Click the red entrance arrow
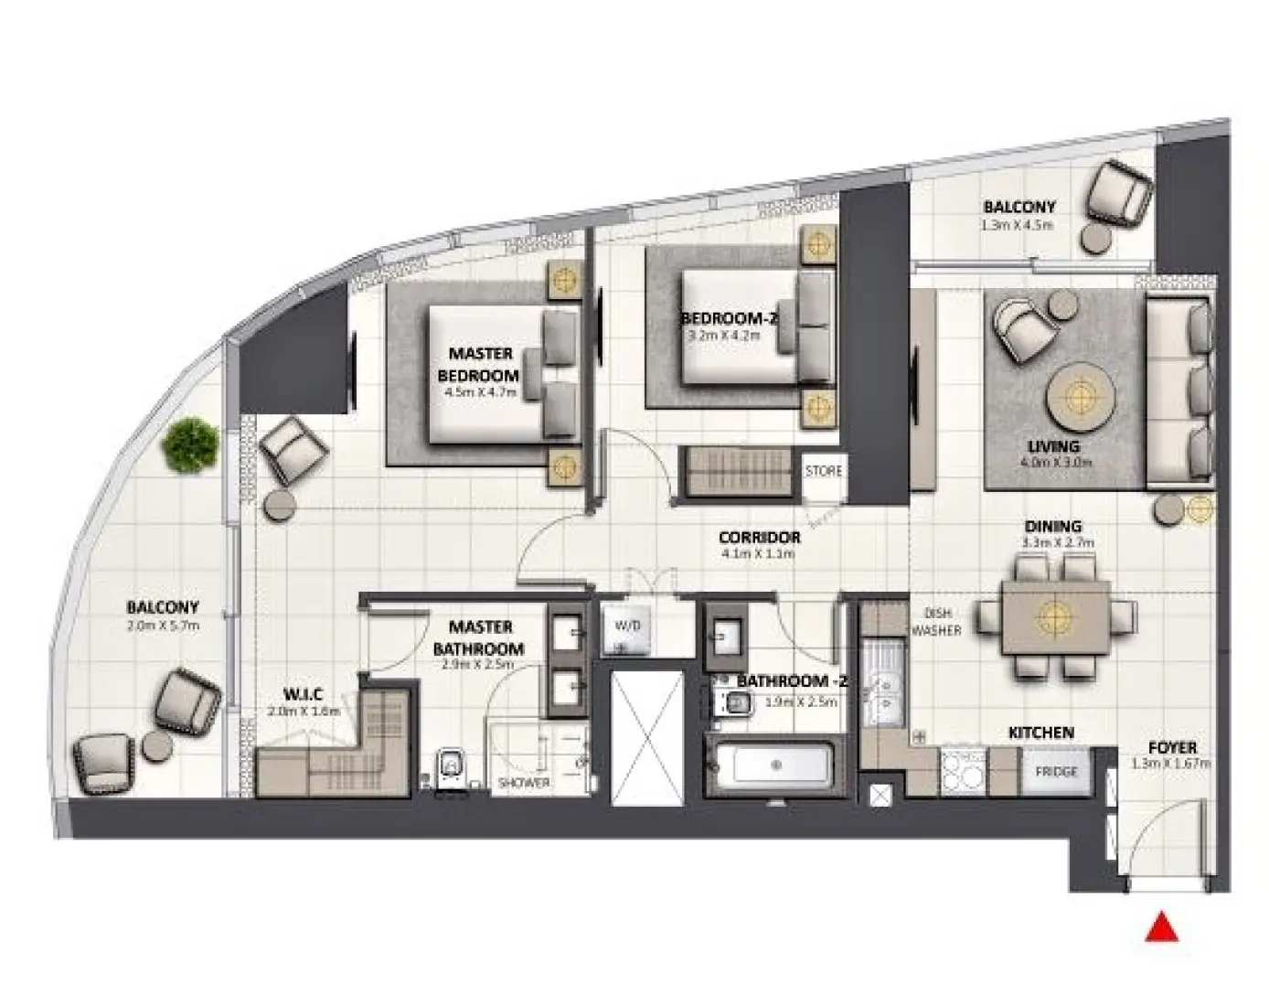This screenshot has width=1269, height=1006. point(1162,927)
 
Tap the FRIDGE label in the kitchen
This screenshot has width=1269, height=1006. point(1056,772)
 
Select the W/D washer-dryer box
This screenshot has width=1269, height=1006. point(628,627)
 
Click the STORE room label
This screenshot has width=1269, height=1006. point(823,471)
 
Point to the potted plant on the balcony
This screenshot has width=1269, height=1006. point(190,445)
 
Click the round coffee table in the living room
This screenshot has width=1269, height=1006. point(1081,396)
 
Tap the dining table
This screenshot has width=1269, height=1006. point(1056,618)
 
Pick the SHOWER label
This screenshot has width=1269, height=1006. point(524,783)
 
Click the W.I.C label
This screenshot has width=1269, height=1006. point(302,695)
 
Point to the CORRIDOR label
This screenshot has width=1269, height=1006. point(759,538)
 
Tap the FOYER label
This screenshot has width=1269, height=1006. point(1172,747)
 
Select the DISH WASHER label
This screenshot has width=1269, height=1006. point(934,622)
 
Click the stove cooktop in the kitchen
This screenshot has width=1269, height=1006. point(963,770)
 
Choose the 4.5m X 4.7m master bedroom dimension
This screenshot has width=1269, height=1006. point(480,392)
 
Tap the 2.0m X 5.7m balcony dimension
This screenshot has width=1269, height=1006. point(163,626)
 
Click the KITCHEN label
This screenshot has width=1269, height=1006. point(1040,733)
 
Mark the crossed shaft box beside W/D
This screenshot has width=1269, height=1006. point(646,738)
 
